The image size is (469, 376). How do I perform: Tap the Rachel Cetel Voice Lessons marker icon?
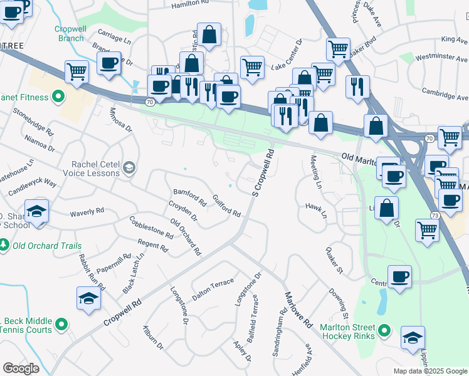coord(129,167)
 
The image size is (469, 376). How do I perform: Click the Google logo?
coord(21,368)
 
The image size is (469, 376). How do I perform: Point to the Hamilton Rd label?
coord(190,4)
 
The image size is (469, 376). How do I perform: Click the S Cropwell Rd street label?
coord(263,171)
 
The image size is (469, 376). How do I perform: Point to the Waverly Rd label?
coord(87,212)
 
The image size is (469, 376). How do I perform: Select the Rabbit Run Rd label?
coord(88,271)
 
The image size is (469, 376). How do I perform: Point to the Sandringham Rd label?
coord(280,333)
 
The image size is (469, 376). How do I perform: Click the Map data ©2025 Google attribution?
coord(429,371)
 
